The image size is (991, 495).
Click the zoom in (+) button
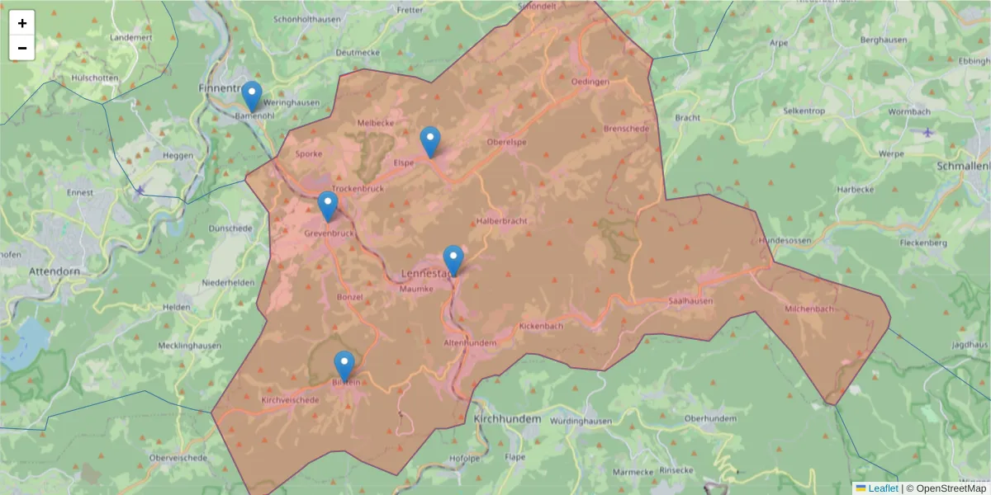(22, 23)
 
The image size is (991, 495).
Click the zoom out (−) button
(22, 48)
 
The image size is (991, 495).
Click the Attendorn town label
(54, 271)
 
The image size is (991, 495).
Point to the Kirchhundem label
(507, 419)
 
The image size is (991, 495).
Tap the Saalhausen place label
(690, 301)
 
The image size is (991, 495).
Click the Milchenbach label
(809, 309)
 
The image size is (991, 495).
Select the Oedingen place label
(590, 82)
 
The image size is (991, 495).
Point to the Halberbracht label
(501, 221)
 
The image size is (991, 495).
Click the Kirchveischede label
(290, 400)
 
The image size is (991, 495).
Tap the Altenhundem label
(470, 342)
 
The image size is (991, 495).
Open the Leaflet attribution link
(882, 488)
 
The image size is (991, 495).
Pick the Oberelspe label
(507, 142)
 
